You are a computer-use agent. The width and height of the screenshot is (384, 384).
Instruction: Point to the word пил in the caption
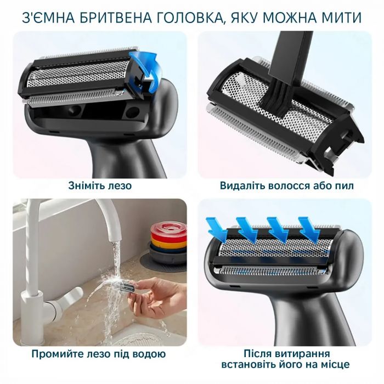[x=345, y=185]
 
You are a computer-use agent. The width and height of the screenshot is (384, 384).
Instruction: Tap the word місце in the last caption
[x=334, y=365]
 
